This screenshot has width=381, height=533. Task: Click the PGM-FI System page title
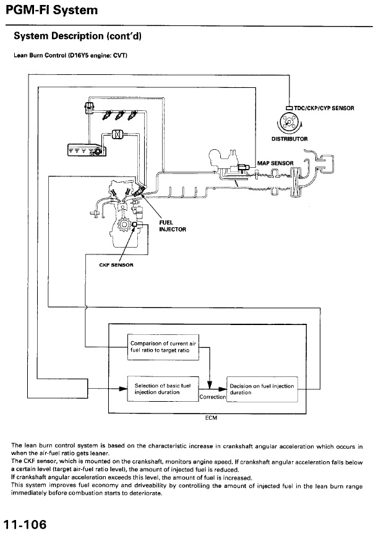point(49,10)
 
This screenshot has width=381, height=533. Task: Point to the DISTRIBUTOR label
point(289,139)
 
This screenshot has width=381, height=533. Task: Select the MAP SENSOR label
point(275,163)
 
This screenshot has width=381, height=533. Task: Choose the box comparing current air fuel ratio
point(163,349)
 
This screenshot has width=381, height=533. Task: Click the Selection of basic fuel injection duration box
point(162,389)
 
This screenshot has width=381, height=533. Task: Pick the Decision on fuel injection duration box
point(262,389)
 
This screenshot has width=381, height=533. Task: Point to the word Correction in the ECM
point(212,397)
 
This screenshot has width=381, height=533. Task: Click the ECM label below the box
point(211,418)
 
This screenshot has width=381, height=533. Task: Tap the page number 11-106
point(25,524)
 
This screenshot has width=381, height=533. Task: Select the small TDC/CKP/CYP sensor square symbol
point(289,108)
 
